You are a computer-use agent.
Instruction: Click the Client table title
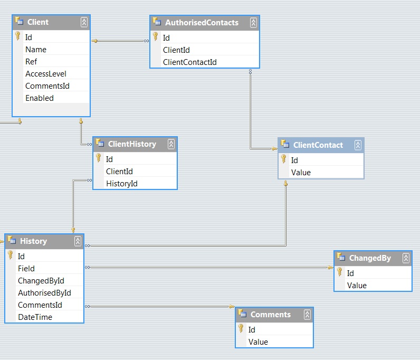(37, 22)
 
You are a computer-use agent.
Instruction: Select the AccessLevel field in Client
(46, 74)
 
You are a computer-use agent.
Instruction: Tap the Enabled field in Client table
(40, 98)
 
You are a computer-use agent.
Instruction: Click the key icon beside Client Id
(17, 37)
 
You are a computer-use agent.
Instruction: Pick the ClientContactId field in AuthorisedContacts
(190, 62)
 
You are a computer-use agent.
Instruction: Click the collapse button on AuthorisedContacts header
(253, 23)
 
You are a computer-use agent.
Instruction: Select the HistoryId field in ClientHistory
(122, 183)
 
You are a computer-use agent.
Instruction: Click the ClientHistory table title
(132, 144)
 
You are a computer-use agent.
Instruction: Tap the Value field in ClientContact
(301, 173)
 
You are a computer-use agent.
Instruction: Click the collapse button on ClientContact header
(358, 145)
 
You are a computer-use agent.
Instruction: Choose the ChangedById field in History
(41, 281)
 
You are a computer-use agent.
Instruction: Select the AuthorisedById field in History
(44, 293)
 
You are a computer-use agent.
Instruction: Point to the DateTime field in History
(35, 317)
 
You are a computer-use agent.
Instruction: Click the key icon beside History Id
(10, 255)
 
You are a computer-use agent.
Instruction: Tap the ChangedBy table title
(370, 258)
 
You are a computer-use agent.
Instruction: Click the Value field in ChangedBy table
(357, 286)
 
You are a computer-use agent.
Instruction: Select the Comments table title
(270, 315)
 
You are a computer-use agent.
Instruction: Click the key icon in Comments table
(241, 329)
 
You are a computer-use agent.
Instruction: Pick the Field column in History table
(26, 269)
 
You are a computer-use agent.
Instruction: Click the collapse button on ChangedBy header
(406, 258)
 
